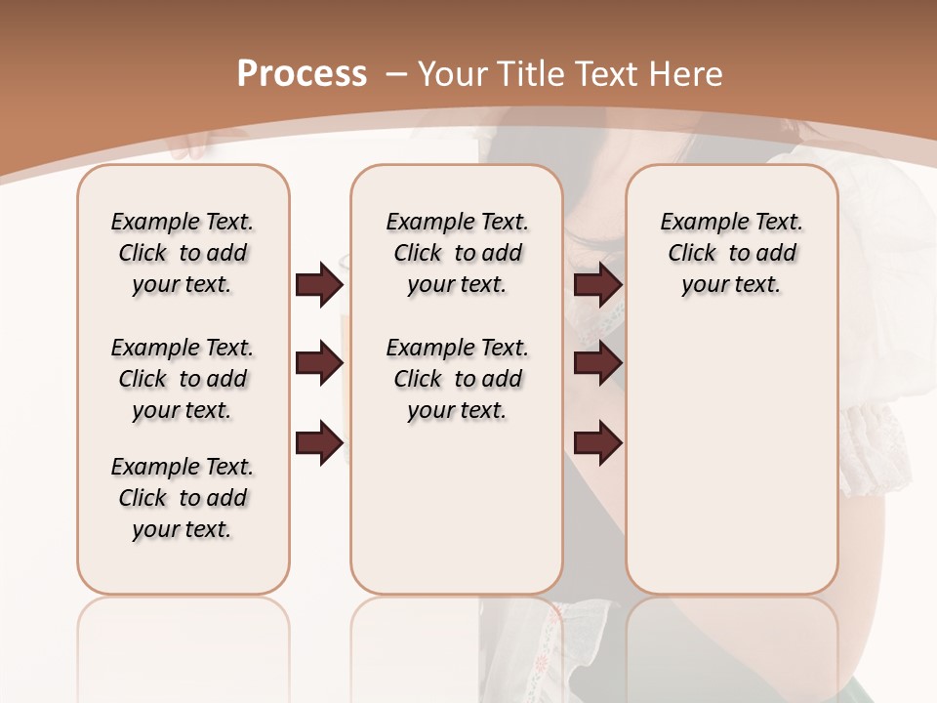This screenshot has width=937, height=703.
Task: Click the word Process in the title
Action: (x=302, y=74)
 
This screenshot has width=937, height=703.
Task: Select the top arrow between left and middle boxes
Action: (x=319, y=284)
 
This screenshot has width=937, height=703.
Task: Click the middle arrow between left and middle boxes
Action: (x=319, y=363)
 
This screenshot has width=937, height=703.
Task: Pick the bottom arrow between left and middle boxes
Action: (x=319, y=441)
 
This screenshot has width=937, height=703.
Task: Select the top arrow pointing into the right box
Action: (x=598, y=284)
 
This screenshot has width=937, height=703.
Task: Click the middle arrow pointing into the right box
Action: (x=598, y=363)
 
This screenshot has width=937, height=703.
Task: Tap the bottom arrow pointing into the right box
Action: (x=598, y=441)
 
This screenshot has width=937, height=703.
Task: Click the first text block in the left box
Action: (x=183, y=253)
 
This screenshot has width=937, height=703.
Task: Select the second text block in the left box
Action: (x=183, y=379)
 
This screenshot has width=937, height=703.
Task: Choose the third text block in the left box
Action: (x=183, y=498)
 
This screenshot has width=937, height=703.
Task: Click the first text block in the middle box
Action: (x=457, y=253)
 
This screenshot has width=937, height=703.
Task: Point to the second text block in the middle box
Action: (x=457, y=379)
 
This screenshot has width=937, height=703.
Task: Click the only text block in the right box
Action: (x=731, y=253)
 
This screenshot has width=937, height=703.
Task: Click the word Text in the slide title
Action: (x=606, y=74)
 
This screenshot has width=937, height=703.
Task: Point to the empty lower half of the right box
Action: (x=731, y=469)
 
